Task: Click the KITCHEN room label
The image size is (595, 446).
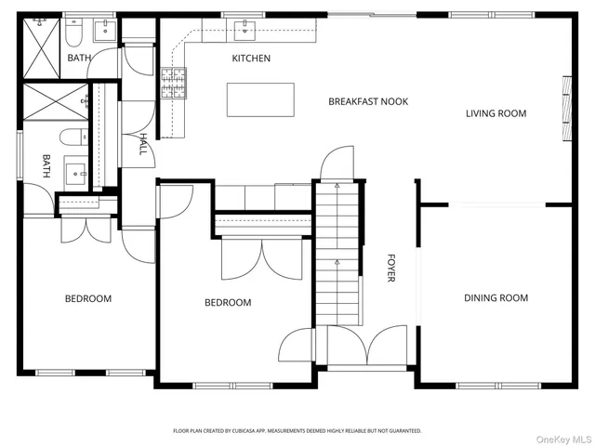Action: coord(251,58)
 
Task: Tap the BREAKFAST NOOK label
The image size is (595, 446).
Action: coord(368,101)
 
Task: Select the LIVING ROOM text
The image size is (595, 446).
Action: coord(496,113)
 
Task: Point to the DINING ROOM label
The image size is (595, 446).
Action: coord(496,297)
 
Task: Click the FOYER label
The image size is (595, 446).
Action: coord(390,269)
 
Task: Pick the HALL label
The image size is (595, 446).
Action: coord(143,144)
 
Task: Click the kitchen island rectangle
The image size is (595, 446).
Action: coord(260,99)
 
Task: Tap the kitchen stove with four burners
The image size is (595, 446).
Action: coord(174,83)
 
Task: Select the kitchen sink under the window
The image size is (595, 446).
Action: coord(245,31)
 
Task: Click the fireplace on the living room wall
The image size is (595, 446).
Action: coord(566,109)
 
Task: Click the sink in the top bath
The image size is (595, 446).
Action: coord(105,31)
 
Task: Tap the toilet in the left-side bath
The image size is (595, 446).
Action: coord(74,137)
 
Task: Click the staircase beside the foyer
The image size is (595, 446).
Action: coord(337,254)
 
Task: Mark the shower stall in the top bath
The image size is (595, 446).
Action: coord(41,48)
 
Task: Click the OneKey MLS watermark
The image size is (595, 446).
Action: coord(564,439)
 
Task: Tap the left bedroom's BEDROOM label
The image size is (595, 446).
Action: coord(88,298)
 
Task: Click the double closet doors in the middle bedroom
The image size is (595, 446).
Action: coord(262,258)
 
